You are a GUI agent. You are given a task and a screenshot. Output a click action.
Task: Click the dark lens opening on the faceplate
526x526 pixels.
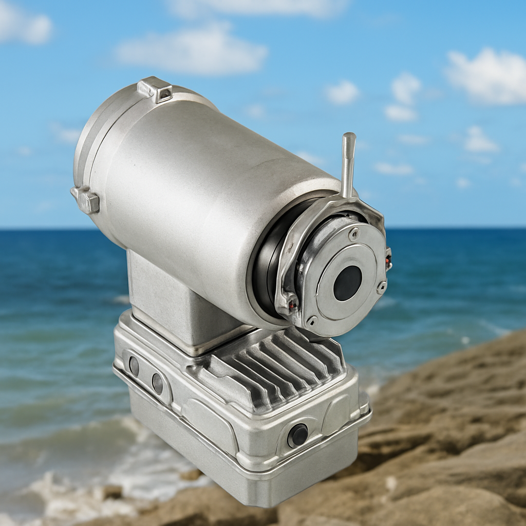pos(347,283)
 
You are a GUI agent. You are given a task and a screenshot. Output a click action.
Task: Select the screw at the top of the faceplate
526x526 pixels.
pos(354,234)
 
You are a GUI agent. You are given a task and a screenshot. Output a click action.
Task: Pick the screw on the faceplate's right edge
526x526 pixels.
pos(381,287)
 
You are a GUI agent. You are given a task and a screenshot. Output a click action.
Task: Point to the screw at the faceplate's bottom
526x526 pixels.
pos(312,321)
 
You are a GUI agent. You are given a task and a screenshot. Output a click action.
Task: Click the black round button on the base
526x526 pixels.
pos(297,436)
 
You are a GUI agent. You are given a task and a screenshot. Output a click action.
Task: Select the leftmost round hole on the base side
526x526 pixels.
pos(134,366)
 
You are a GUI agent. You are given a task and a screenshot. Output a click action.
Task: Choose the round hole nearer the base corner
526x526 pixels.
pos(157,384)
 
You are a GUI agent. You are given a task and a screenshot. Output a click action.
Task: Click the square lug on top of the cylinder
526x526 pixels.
pos(155,89)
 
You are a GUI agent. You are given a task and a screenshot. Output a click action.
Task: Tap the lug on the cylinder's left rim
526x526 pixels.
pos(86,200)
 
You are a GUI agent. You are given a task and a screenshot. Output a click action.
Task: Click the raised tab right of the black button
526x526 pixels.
pos(335,415)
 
